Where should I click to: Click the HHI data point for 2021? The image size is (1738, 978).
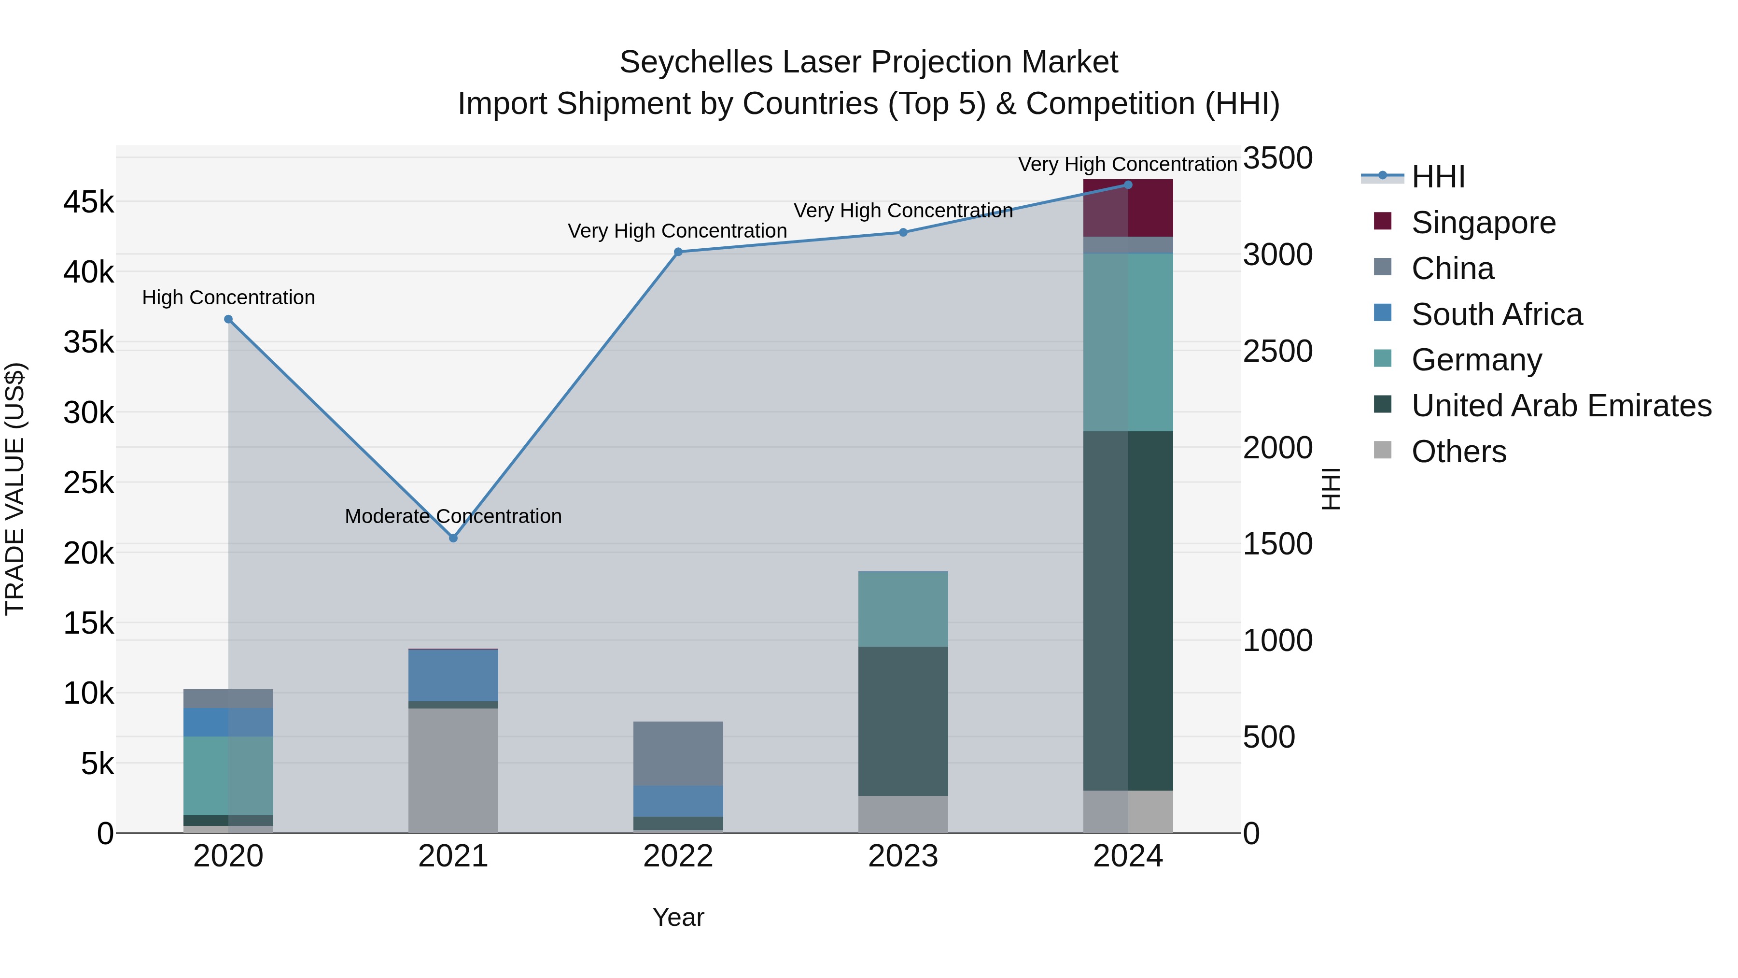(x=453, y=538)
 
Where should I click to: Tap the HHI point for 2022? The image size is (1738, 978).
(x=678, y=252)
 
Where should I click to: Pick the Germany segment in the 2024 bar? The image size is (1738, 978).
(x=1128, y=342)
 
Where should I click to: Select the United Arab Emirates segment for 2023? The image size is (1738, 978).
(x=903, y=721)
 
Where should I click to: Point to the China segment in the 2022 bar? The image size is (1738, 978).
(x=678, y=753)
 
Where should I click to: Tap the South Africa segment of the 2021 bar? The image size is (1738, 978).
(x=453, y=675)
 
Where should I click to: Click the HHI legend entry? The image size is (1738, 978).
(x=1437, y=177)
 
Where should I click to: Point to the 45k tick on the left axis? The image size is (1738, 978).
(x=88, y=202)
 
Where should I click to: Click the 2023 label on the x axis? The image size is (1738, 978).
(x=903, y=856)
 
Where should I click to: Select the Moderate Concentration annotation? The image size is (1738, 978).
(x=453, y=516)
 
